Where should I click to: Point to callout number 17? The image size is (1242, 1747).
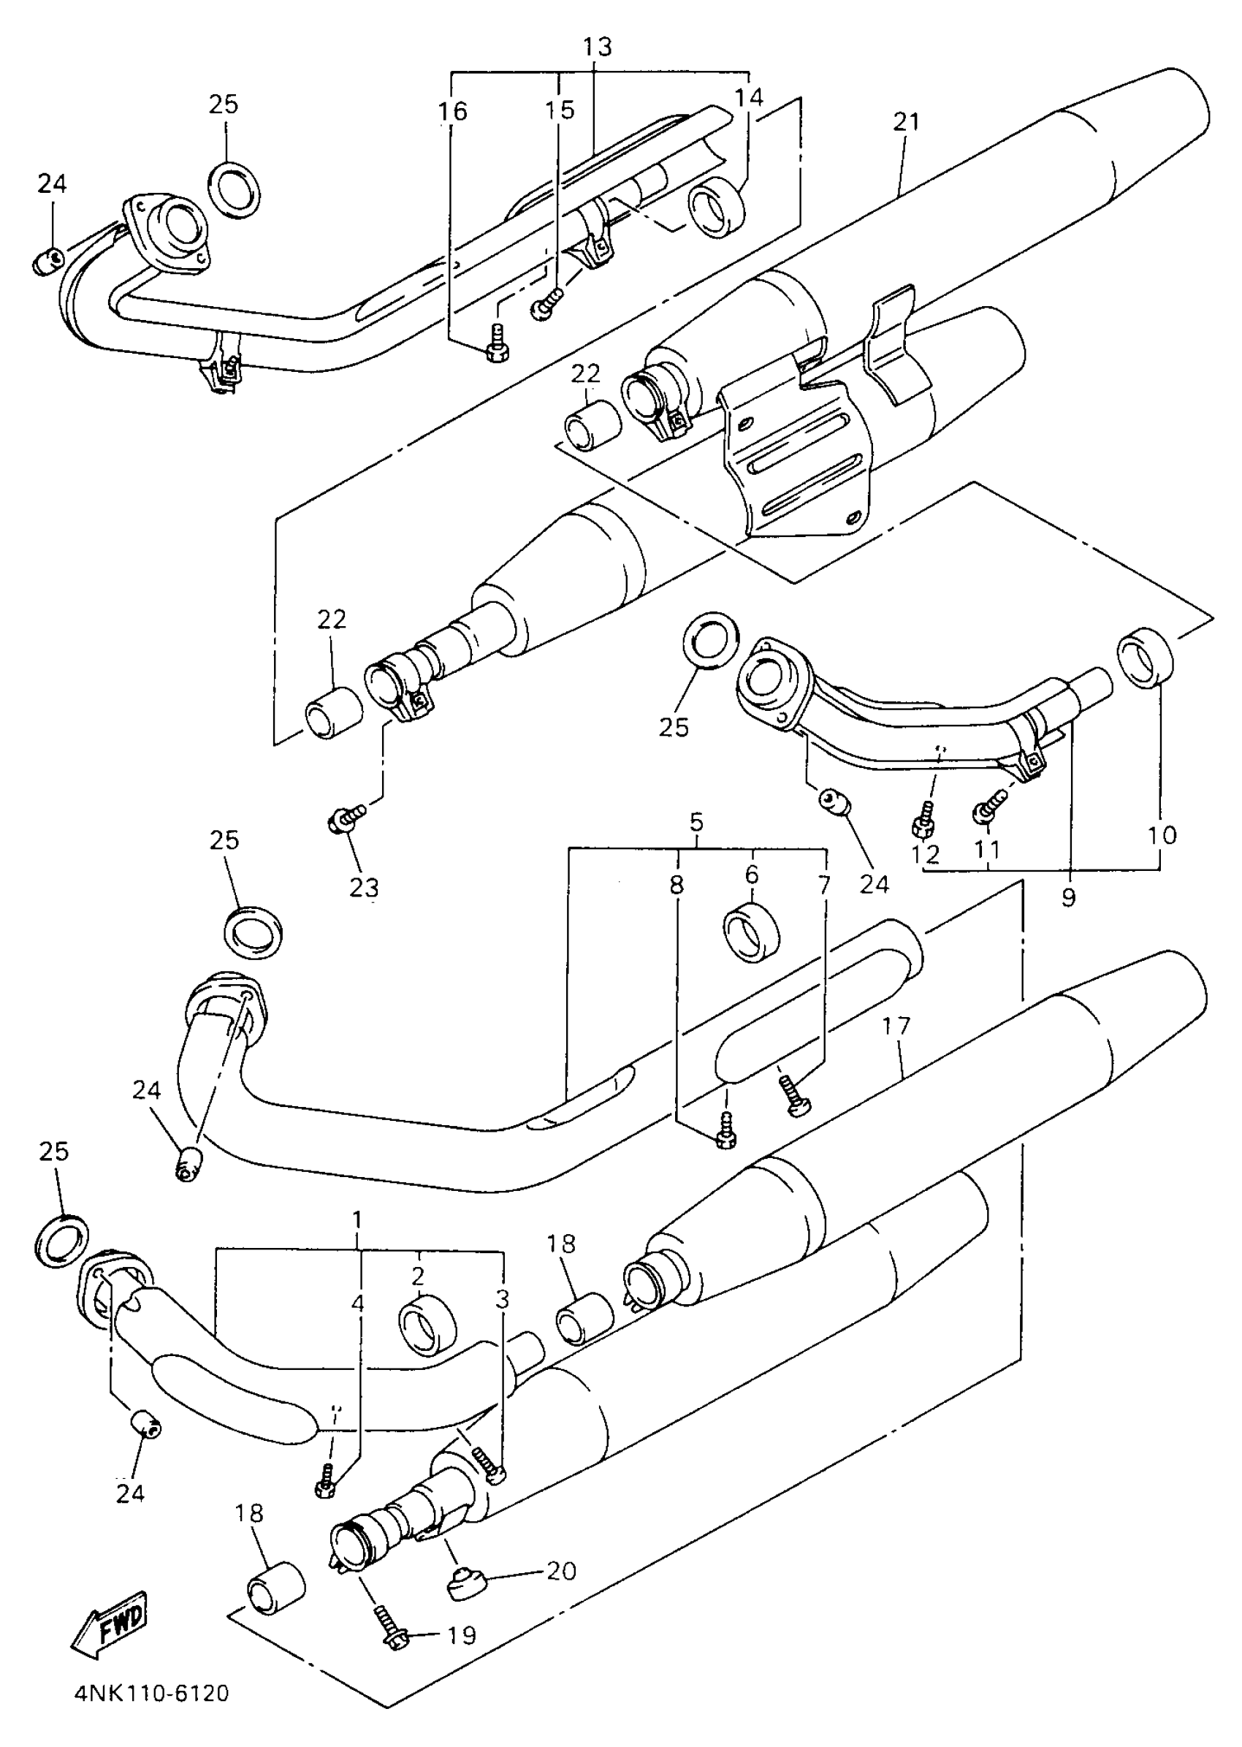point(896,1025)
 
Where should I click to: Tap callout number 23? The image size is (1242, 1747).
point(363,888)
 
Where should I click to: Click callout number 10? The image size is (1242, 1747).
point(1162,834)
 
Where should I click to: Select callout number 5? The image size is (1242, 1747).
point(696,823)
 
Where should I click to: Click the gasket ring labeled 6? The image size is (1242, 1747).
point(750,932)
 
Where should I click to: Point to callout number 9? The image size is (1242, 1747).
point(1068,897)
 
